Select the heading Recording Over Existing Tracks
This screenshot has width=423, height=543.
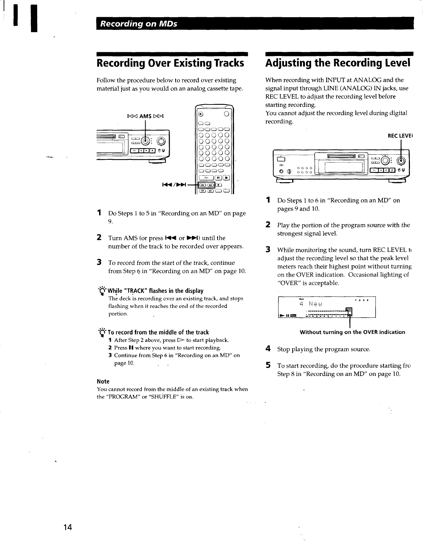click(x=170, y=63)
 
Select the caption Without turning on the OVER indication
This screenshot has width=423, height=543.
click(x=352, y=332)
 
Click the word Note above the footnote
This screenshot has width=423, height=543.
click(x=103, y=381)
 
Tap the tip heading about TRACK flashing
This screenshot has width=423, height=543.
click(x=156, y=291)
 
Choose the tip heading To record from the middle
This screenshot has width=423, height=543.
click(x=158, y=332)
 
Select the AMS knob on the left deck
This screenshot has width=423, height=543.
click(x=146, y=141)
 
